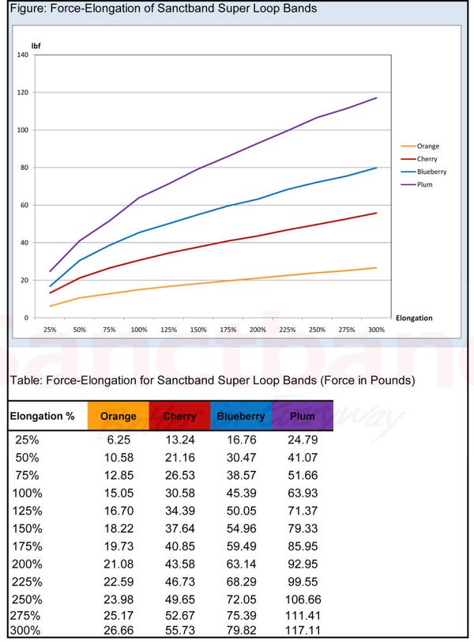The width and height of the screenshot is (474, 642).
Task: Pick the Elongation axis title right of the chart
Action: [413, 318]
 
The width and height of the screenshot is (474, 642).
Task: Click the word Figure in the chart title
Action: [23, 9]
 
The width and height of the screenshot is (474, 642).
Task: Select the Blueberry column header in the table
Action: [241, 416]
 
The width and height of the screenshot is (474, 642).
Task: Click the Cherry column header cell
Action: [179, 416]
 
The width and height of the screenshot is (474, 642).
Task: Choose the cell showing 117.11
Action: [302, 631]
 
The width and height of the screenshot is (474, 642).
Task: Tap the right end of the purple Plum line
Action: [377, 98]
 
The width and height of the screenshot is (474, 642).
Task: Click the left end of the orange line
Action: [50, 306]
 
